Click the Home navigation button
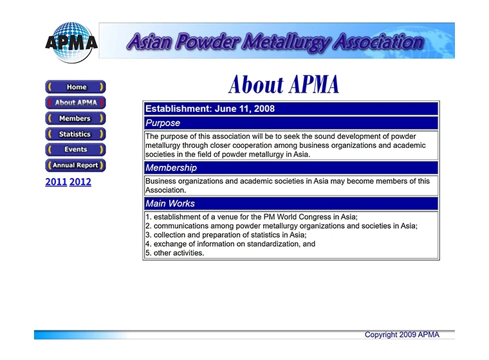click(x=75, y=87)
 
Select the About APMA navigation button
click(x=75, y=102)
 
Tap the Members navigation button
click(x=75, y=118)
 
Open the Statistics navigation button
click(x=75, y=134)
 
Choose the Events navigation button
click(x=75, y=150)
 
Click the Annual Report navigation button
click(x=75, y=165)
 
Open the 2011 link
click(x=56, y=182)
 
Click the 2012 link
click(x=80, y=182)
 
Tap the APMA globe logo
click(x=71, y=42)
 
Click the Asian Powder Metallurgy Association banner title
click(x=275, y=42)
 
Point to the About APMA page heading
click(x=283, y=84)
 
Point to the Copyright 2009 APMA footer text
click(x=402, y=335)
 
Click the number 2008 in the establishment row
click(x=264, y=109)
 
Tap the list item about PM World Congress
click(x=252, y=217)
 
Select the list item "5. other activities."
click(x=174, y=253)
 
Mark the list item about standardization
click(x=230, y=244)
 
